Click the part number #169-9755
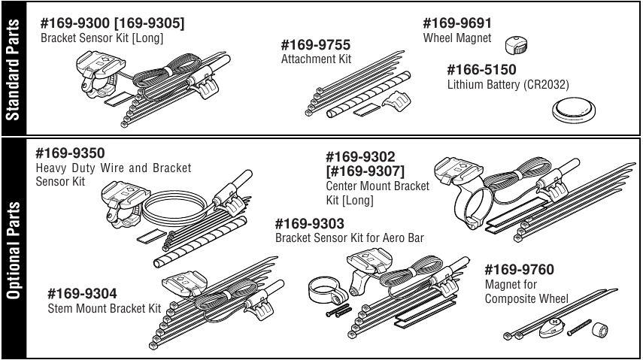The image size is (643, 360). [x=315, y=44]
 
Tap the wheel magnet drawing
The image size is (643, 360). [x=516, y=46]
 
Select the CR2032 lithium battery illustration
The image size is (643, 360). [x=574, y=110]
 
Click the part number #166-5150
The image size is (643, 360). [x=481, y=70]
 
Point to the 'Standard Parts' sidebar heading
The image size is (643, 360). [x=13, y=70]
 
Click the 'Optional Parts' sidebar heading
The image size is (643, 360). [x=13, y=250]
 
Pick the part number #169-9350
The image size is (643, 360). [x=70, y=153]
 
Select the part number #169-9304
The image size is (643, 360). [x=82, y=294]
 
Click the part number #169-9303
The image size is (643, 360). [x=310, y=224]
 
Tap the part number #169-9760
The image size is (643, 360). [x=519, y=270]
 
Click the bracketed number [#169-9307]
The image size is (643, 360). [x=365, y=171]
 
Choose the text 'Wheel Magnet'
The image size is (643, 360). [x=456, y=38]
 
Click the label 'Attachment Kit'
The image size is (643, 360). [x=316, y=59]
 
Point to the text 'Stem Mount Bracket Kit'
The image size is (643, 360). [x=105, y=308]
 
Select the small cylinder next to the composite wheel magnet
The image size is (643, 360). [x=599, y=330]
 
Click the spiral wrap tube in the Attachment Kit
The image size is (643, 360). [x=369, y=94]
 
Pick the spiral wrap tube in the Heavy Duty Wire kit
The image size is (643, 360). [x=201, y=241]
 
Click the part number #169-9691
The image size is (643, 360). [x=456, y=23]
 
